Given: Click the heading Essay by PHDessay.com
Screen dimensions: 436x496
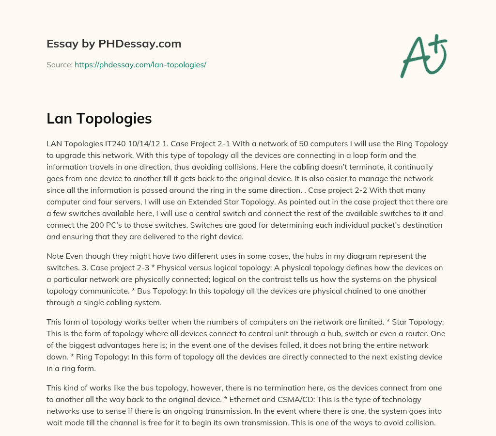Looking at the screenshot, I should coord(114,44).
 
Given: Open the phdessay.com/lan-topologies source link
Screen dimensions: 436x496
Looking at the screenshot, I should coord(140,64).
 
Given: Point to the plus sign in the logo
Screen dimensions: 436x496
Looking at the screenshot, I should coord(438,42).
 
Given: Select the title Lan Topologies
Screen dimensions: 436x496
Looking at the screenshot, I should coord(99,119).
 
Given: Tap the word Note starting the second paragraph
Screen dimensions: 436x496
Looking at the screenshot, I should coord(55,256).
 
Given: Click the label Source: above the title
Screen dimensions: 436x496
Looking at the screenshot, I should coord(60,64).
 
